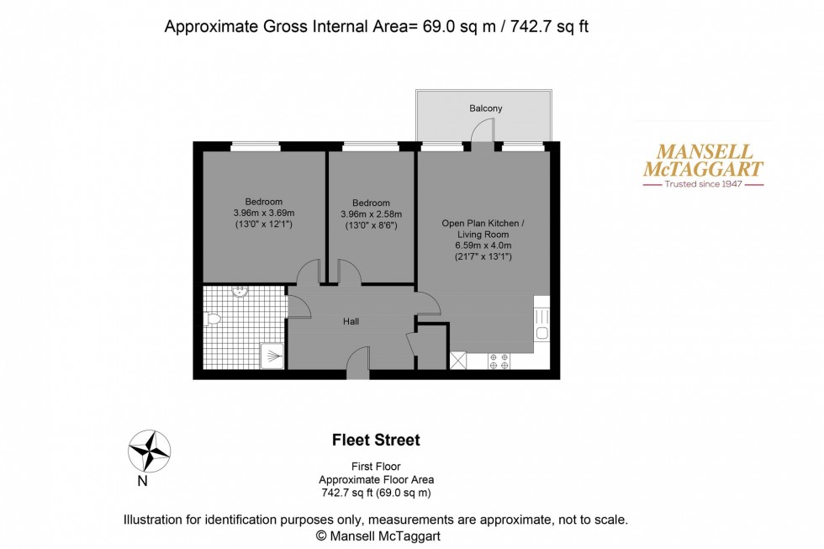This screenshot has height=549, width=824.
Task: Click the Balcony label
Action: (486, 108)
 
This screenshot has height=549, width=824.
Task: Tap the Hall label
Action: (351, 321)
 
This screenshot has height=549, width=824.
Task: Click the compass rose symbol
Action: (149, 451)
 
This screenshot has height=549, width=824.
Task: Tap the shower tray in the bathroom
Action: (271, 356)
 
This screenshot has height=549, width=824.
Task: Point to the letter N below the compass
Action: (142, 482)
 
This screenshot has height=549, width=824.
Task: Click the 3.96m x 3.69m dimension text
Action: (263, 213)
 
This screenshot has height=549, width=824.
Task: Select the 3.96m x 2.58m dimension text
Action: (371, 214)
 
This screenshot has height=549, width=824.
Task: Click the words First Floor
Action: (375, 467)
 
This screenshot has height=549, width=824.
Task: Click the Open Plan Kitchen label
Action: (483, 223)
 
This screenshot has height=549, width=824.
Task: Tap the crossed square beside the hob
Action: (459, 360)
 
